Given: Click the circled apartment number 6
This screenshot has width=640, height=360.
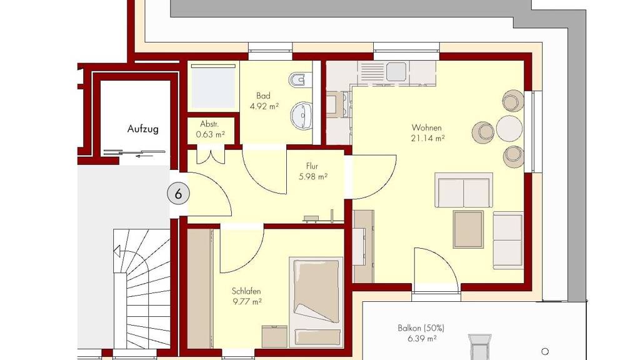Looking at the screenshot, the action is tap(178, 194).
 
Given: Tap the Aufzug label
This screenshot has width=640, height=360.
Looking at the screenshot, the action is tap(143, 129).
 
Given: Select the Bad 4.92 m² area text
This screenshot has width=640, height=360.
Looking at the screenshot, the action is tap(264, 101).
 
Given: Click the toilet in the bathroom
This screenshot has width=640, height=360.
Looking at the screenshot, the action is tap(299, 79).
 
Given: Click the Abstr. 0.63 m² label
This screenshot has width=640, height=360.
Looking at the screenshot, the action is tap(210, 129).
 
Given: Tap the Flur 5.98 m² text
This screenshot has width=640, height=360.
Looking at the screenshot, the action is tap(313, 171).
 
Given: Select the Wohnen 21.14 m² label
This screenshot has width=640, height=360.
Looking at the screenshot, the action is tap(427, 133).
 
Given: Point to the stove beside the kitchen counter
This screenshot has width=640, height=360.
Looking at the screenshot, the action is tap(338, 104).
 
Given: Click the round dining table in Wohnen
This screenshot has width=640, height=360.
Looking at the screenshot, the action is tap(509, 129).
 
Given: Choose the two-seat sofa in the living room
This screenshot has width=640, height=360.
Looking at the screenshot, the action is tap(464, 191).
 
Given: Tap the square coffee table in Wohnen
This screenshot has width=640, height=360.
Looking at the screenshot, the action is tap(468, 229).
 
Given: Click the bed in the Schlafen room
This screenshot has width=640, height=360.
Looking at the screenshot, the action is tap(316, 302).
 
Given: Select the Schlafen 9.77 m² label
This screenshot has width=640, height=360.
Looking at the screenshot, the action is tap(246, 297).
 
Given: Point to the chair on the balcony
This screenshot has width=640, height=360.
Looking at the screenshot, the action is tap(479, 347).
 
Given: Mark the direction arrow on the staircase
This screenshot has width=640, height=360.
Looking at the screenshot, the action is tap(117, 251).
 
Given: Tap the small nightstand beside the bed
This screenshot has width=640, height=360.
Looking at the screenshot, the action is tap(274, 336).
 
